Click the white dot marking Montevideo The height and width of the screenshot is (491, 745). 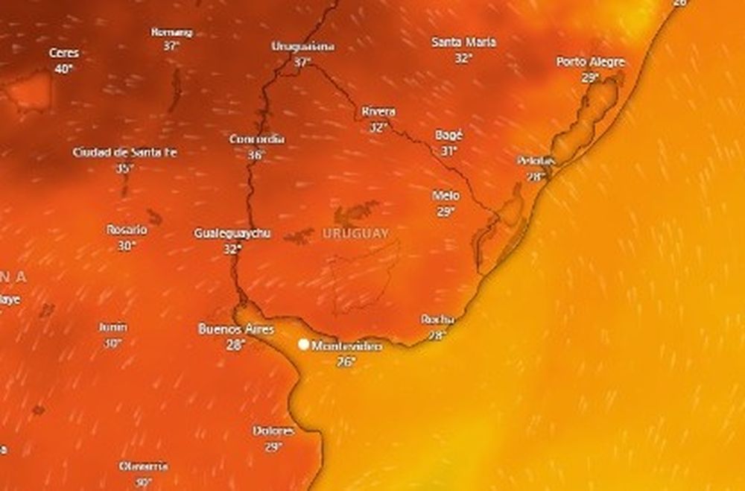304,344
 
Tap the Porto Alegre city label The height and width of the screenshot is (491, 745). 590,62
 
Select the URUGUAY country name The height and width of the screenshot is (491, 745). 355,233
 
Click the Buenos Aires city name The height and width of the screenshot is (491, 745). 236,329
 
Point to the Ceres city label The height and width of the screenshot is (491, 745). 63,54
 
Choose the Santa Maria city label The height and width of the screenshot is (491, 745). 463,42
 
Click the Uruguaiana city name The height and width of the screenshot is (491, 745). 302,46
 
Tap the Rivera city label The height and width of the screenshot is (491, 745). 378,112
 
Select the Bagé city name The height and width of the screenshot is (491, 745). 448,136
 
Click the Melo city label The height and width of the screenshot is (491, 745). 446,196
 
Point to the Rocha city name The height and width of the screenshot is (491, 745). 437,319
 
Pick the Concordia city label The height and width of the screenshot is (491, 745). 256,139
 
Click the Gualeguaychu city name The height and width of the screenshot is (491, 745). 232,233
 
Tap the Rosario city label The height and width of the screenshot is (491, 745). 126,229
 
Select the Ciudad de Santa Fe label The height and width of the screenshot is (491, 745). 125,153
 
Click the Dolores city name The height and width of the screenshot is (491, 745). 273,431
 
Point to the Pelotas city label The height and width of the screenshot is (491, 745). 536,161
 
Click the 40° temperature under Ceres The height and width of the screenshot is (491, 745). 63,69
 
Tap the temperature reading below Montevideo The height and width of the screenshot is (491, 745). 346,362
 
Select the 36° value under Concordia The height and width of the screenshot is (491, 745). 256,155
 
